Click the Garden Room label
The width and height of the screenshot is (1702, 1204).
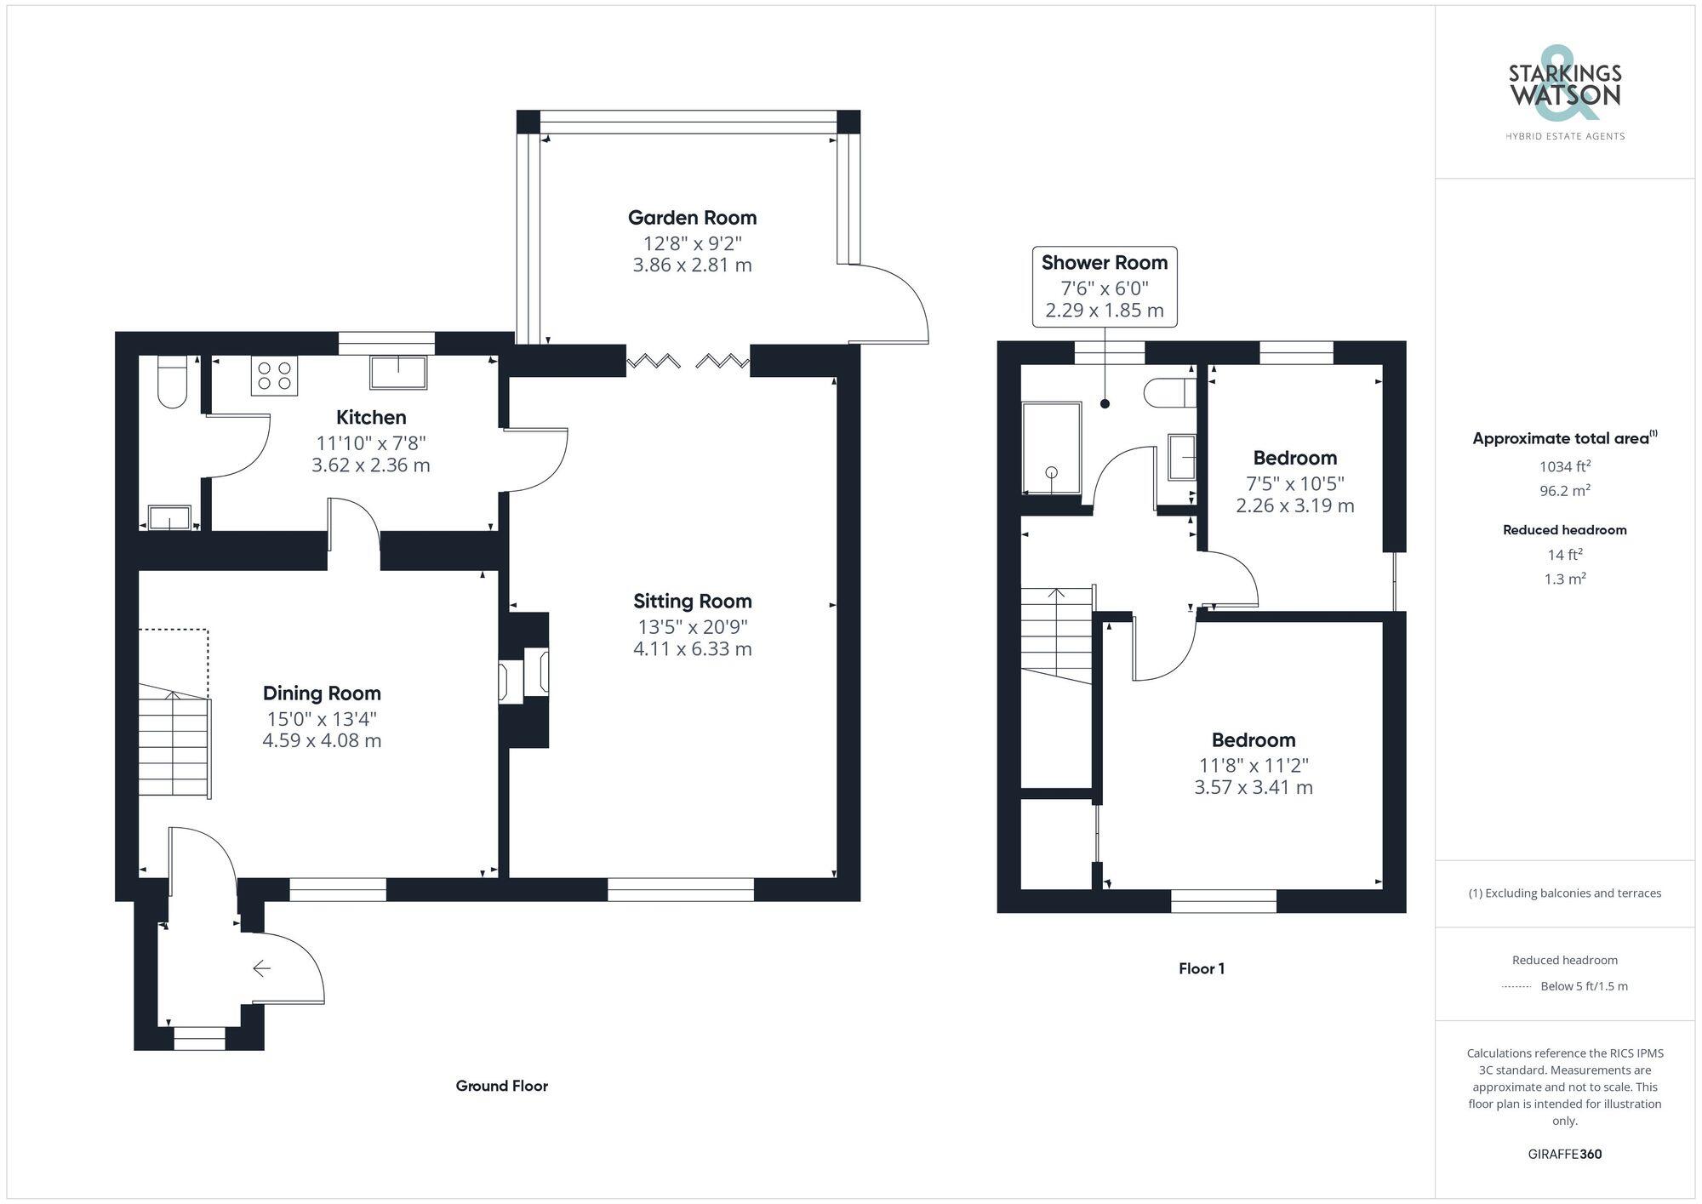coord(692,218)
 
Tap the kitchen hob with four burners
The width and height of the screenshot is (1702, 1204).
coord(274,376)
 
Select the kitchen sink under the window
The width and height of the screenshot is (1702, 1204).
coord(397,373)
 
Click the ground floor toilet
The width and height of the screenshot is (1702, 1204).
coord(172,383)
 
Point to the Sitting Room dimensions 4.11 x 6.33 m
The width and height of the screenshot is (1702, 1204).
coord(692,649)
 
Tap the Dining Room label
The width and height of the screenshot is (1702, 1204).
coord(322,693)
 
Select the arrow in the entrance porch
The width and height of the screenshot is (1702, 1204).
coord(261,968)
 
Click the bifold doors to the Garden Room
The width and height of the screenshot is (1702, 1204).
coord(688,362)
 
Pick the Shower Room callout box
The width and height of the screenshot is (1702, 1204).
coord(1105,287)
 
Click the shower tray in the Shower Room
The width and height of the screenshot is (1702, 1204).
coord(1051,449)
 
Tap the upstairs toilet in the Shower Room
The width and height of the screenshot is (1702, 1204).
coord(1169,393)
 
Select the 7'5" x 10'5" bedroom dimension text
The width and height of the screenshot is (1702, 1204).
coord(1294,483)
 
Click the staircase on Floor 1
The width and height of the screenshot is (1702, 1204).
coord(1057,634)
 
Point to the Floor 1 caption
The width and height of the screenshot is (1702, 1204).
coord(1201,968)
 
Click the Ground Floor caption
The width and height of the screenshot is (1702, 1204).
coord(501,1086)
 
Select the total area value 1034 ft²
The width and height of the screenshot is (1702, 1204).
coord(1564,466)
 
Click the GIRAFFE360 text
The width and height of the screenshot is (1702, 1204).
coord(1564,1154)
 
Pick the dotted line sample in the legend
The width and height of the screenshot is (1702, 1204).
coord(1516,987)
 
